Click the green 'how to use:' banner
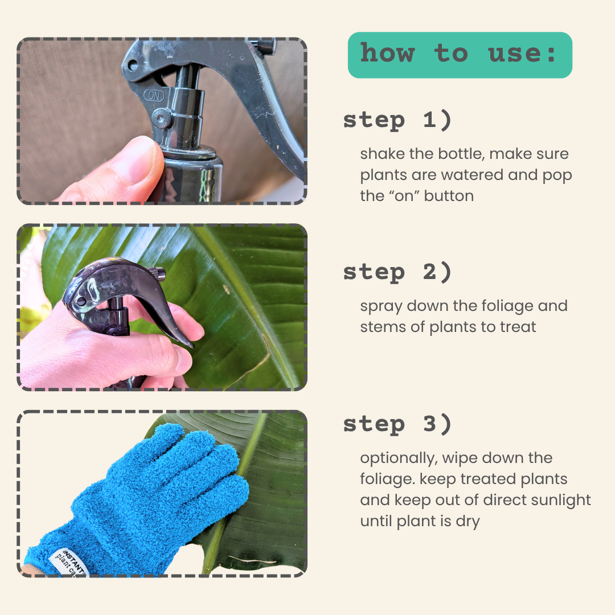tap(460, 55)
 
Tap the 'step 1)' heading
tap(397, 120)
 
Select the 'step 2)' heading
tap(397, 272)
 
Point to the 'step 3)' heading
tap(397, 424)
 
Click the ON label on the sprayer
tap(154, 95)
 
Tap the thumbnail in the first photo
tap(136, 159)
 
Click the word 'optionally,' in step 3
tap(399, 458)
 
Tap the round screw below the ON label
tap(161, 118)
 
